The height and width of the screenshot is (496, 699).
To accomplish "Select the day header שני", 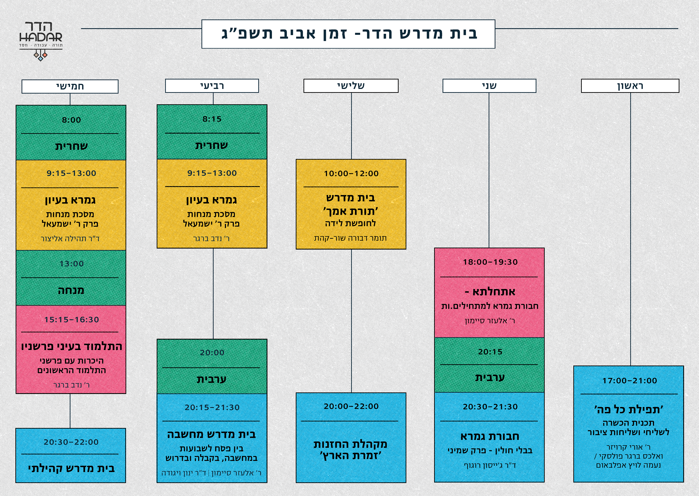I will tap(489, 86).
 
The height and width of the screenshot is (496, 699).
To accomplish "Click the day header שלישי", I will tap(351, 86).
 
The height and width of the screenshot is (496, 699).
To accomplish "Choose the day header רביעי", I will tap(212, 86).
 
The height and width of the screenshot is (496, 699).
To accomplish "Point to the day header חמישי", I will tap(70, 86).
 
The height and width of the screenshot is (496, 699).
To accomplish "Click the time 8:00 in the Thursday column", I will tap(72, 120).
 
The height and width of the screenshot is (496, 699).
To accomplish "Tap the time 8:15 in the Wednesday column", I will tap(212, 119).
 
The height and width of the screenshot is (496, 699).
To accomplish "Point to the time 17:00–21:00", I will tap(629, 381).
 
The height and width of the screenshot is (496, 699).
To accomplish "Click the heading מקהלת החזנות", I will tap(351, 444).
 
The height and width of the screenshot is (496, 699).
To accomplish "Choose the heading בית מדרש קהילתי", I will tap(72, 469).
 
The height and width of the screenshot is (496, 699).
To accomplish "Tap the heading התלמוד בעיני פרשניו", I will tap(72, 347).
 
